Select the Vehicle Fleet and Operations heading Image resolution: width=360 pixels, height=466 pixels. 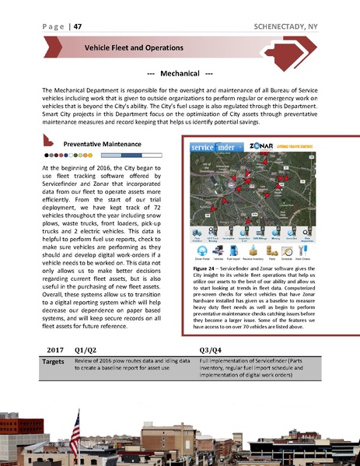coord(134,47)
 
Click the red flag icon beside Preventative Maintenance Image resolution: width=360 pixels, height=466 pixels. coord(48,144)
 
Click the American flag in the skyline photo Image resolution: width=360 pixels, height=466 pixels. coord(75,426)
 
